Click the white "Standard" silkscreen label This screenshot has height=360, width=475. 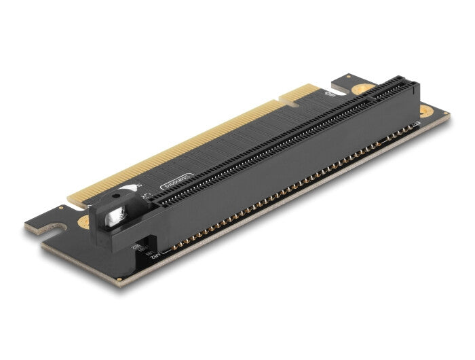point(178,182)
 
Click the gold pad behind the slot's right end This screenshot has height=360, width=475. point(364,88)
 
